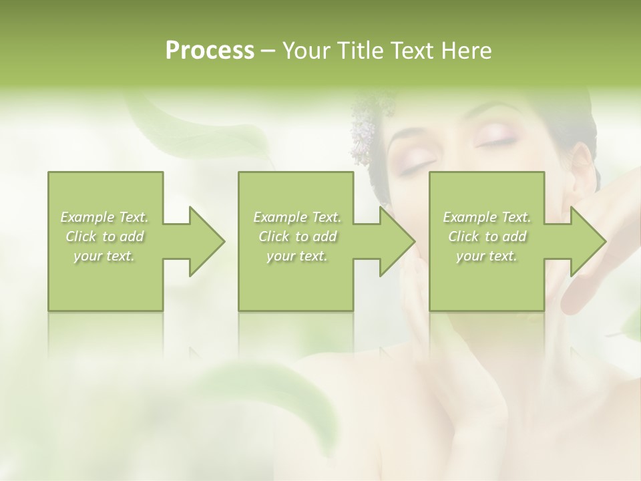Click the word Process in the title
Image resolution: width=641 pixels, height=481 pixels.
210,50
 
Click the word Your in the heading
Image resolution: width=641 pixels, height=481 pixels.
305,50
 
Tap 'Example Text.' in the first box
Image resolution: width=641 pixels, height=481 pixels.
104,217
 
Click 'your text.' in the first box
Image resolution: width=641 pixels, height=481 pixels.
104,257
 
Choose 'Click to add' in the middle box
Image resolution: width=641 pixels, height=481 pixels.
297,237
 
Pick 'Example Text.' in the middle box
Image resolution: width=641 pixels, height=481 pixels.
297,217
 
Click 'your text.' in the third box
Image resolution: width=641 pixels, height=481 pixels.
487,257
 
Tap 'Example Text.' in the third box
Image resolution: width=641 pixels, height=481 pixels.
487,217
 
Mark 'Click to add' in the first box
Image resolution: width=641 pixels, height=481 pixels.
104,237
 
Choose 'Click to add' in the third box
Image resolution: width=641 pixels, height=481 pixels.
487,237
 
